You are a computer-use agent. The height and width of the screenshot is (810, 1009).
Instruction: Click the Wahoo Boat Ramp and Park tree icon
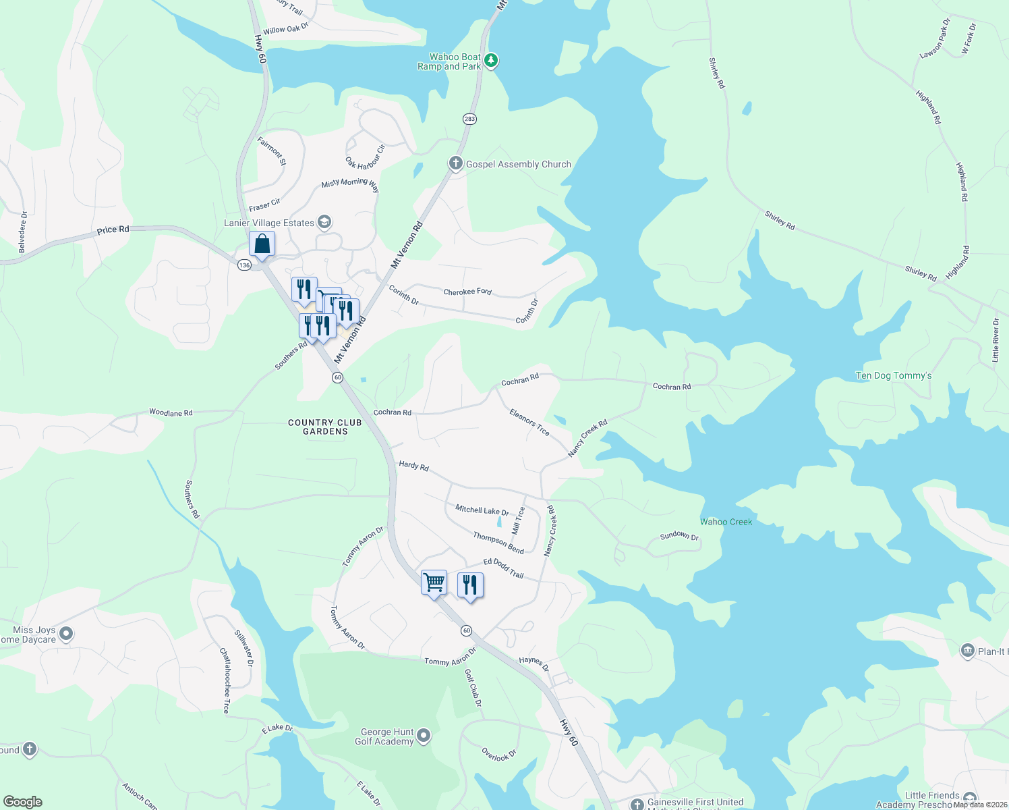492,61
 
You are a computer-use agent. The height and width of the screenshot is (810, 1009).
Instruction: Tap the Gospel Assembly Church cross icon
456,163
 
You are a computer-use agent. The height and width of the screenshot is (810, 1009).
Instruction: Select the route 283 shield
469,119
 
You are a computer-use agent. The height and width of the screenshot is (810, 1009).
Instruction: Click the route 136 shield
244,265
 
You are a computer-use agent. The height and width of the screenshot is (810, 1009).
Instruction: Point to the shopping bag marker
262,244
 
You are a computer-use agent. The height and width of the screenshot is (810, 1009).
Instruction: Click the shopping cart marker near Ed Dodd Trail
434,582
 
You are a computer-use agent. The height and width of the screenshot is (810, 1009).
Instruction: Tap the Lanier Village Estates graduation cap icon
324,222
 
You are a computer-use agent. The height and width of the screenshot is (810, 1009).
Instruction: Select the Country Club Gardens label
325,427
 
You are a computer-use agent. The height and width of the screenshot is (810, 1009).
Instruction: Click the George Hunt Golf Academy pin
424,735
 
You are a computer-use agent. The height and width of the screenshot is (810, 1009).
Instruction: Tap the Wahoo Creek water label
726,522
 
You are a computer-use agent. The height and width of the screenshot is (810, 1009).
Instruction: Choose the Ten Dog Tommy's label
894,375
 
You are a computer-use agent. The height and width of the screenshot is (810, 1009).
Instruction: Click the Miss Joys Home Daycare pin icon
66,634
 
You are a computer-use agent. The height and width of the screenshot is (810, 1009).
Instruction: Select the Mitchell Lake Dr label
482,510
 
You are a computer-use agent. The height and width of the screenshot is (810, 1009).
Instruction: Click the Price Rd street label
113,230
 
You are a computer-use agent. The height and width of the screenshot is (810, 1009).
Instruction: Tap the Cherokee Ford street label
467,292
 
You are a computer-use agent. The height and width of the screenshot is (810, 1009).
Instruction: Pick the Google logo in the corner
22,802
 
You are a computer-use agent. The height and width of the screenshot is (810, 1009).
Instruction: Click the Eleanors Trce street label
529,422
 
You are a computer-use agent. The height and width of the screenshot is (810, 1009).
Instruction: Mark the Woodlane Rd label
171,412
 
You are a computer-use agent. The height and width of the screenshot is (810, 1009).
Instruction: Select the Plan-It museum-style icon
967,651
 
